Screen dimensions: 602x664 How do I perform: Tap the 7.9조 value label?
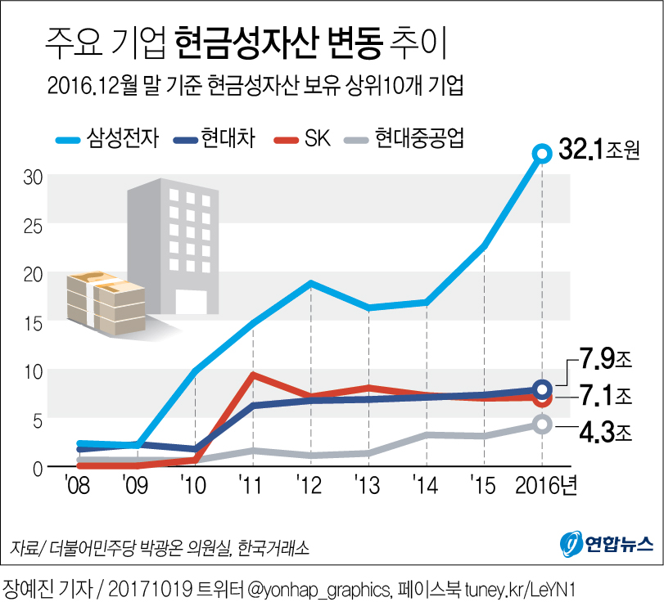tap(603, 361)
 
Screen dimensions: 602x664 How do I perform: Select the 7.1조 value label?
tap(603, 397)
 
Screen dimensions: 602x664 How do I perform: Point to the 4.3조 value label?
tap(603, 430)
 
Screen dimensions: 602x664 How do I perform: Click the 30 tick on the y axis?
tap(32, 177)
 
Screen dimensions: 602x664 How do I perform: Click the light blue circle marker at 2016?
tap(541, 153)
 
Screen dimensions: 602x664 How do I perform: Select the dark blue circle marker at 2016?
tap(541, 389)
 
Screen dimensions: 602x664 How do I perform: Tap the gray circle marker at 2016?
tap(541, 424)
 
